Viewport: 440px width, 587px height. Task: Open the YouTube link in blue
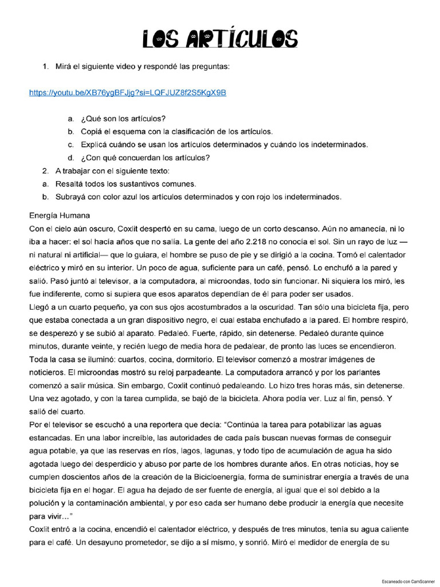127,92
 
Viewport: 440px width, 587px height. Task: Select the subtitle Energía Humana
60,216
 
